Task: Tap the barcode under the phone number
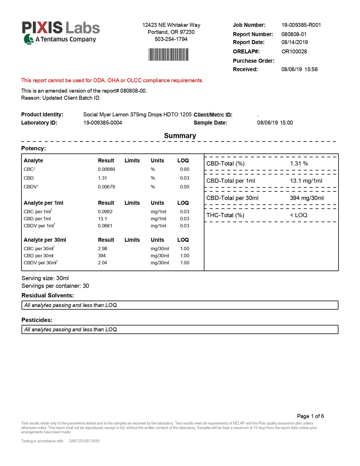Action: pos(168,55)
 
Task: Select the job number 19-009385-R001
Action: pos(301,25)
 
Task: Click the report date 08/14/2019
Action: pos(294,42)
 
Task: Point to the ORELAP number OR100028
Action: pos(294,51)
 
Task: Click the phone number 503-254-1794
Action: pos(171,39)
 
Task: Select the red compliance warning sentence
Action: pos(112,80)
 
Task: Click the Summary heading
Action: pos(180,136)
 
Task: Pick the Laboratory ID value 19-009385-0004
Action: pos(102,123)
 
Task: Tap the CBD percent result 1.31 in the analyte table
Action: pos(102,178)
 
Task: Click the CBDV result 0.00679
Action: pos(106,187)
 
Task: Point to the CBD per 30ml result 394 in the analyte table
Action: pos(102,256)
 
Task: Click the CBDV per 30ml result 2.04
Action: pos(102,263)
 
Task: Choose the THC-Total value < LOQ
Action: pos(298,215)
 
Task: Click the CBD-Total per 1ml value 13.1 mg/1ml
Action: pos(306,181)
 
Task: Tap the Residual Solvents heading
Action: pos(47,295)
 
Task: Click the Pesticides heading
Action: pos(37,320)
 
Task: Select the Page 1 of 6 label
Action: pos(310,416)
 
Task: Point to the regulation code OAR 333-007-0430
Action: pos(84,441)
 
